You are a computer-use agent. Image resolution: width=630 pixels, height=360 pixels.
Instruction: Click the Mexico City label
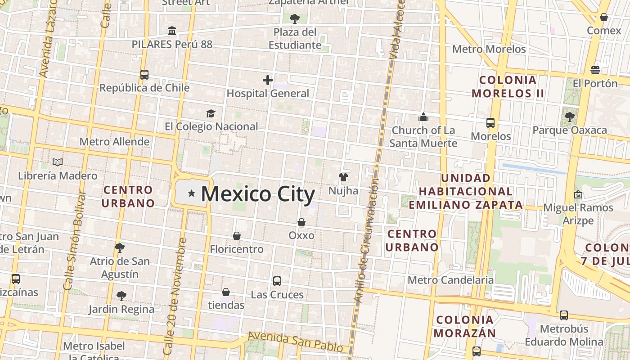point(258,194)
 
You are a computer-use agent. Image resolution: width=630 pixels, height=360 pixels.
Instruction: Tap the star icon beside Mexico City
point(192,193)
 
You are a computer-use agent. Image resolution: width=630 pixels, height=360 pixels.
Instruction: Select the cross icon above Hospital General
point(268,81)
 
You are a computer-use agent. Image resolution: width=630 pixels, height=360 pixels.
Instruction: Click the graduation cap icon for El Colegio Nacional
point(211,113)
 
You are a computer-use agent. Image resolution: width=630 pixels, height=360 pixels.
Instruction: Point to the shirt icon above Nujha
point(343,177)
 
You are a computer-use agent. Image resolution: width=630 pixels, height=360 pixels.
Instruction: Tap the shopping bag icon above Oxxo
point(301,222)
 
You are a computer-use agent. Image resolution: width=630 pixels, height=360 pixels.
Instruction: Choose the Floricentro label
point(237,249)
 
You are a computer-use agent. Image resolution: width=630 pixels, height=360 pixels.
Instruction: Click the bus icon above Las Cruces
point(277,281)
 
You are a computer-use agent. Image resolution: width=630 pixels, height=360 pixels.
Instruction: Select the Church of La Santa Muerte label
point(423,137)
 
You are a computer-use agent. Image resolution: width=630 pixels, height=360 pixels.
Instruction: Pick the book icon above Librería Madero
point(58,162)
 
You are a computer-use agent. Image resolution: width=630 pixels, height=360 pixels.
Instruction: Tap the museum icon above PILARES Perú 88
point(172,31)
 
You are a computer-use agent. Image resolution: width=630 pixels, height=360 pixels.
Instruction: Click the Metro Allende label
point(114,142)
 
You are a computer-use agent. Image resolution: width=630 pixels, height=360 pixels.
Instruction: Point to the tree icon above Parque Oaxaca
point(570,117)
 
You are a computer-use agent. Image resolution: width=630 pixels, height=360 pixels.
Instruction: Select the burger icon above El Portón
point(595,70)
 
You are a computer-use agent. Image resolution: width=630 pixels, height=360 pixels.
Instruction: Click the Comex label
point(604,31)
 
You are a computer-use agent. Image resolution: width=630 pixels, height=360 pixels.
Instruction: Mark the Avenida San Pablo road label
point(298,342)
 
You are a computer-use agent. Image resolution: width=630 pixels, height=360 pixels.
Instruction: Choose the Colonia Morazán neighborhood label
point(466,327)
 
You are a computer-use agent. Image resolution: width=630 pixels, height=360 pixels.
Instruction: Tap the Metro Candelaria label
point(450,280)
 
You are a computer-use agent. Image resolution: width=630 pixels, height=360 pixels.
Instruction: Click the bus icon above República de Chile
point(144,75)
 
